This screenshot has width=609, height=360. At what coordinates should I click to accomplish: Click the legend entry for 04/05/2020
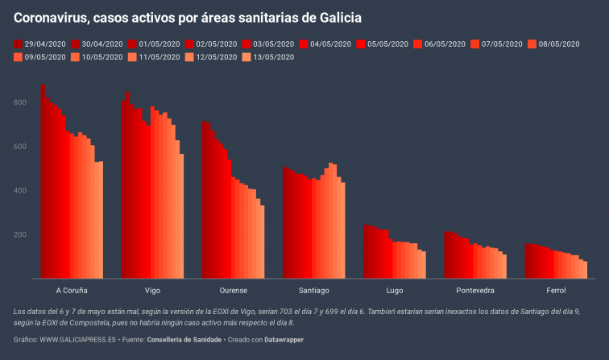(x=326, y=43)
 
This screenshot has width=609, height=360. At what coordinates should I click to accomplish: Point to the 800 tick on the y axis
(x=19, y=102)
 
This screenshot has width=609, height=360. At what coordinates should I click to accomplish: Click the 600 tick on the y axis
(x=19, y=147)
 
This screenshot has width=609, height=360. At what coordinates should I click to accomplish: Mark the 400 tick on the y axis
(x=19, y=191)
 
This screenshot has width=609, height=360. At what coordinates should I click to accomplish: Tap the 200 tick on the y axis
(x=19, y=235)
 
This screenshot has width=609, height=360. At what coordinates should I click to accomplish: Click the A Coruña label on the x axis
(x=72, y=290)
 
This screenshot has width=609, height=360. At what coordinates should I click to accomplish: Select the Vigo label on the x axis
(x=152, y=290)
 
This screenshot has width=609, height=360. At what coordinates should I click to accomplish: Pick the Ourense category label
(x=233, y=290)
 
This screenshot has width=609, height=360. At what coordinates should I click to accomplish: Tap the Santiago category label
(x=313, y=290)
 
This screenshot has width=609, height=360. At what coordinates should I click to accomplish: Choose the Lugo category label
(x=394, y=290)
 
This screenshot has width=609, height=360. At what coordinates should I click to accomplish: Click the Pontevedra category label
(x=474, y=290)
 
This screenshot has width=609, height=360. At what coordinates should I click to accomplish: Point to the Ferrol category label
(x=555, y=290)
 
